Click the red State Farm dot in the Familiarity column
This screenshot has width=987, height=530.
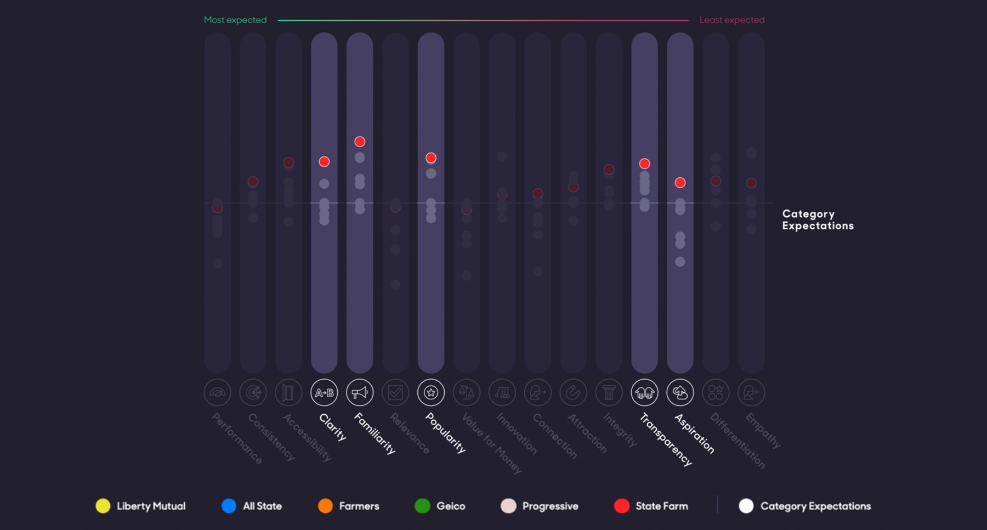360,142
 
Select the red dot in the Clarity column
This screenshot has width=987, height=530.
324,162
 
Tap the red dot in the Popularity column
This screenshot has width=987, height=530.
431,158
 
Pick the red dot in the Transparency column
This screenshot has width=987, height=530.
645,163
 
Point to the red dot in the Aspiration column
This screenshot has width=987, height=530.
680,183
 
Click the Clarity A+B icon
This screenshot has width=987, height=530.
324,393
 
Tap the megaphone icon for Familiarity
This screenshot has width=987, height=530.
360,393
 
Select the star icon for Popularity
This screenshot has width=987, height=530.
431,393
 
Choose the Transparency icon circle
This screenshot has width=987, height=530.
645,393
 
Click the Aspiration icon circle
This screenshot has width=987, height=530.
680,393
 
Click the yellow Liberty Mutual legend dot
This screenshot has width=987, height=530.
103,506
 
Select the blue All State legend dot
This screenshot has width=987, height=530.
229,506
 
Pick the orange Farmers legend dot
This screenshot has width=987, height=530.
325,506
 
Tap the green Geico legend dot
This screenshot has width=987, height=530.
422,506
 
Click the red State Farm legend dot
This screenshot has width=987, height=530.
622,506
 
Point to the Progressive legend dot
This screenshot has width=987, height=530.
508,506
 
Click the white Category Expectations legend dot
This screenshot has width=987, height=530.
746,506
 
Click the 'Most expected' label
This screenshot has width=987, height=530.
235,20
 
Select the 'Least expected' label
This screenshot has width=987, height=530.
731,20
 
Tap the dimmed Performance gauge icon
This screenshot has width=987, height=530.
217,393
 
